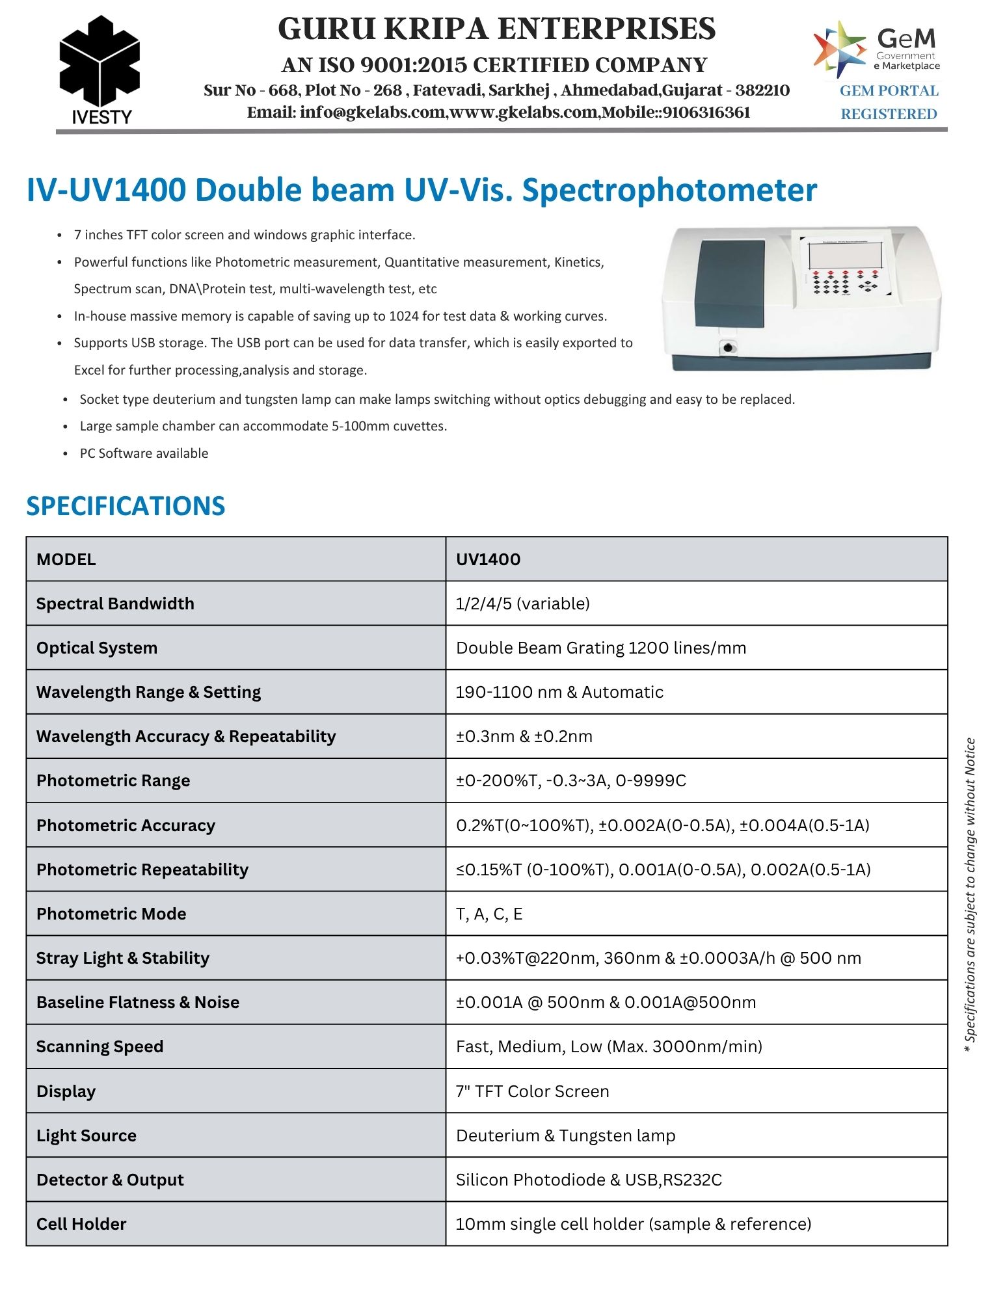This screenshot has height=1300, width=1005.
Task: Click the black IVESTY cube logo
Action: coord(100,61)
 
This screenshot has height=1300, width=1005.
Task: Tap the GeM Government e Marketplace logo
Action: coord(876,48)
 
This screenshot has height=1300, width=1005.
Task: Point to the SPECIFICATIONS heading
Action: coord(126,506)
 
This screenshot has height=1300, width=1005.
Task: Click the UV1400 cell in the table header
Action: coord(488,559)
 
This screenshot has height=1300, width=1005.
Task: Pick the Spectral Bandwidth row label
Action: coord(115,604)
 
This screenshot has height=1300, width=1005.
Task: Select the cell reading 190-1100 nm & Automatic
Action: coord(559,692)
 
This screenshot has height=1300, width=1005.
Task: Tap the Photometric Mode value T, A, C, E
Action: coord(489,914)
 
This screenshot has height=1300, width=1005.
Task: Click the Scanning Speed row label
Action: coord(100,1046)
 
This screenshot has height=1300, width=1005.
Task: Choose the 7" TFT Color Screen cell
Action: coord(532,1091)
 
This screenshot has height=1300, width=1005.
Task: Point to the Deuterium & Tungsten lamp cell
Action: coord(565,1135)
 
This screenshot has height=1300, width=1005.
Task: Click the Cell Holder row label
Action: coord(81,1224)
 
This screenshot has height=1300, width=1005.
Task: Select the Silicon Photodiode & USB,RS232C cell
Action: coord(589,1180)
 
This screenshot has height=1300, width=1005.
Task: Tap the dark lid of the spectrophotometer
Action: coord(730,283)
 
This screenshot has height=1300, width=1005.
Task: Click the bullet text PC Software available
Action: coord(144,453)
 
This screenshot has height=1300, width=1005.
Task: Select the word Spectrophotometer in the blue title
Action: coord(669,191)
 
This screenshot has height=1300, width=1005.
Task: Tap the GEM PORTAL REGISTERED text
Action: coord(889,102)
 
